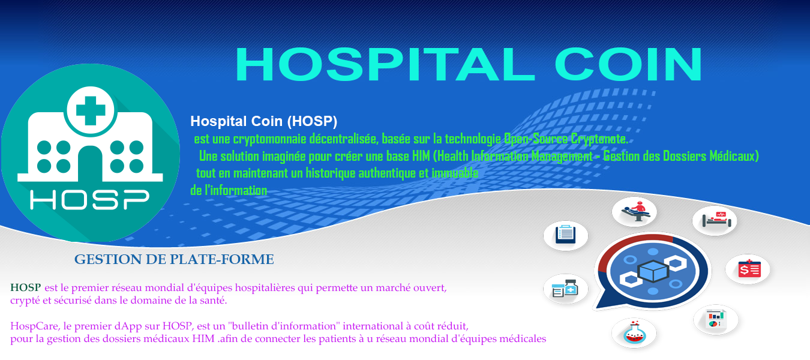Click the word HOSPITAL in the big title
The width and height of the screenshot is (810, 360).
click(385, 65)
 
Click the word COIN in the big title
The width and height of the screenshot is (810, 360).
click(629, 65)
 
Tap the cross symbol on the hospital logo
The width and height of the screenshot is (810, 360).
click(91, 110)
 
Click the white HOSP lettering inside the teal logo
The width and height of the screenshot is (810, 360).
click(89, 200)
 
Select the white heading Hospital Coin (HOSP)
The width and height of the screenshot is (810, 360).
click(263, 121)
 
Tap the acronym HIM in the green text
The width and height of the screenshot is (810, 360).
click(421, 156)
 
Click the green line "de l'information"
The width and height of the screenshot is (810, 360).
click(229, 190)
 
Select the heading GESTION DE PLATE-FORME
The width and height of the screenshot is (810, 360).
click(174, 259)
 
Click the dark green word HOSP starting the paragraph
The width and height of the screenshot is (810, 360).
click(25, 288)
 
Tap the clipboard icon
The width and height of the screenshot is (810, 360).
click(566, 235)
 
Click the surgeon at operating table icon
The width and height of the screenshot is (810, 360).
click(635, 212)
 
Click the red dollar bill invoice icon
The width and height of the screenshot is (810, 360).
click(749, 269)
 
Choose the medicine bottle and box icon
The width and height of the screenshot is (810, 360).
click(565, 289)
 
